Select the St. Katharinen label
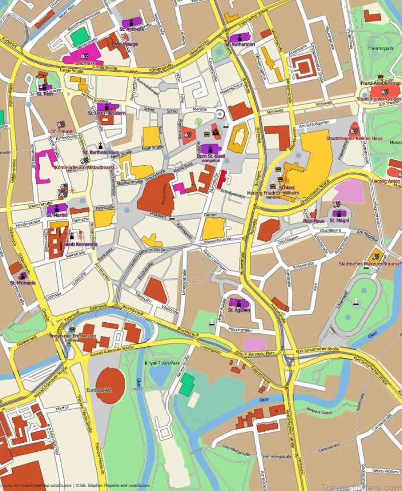(240, 44)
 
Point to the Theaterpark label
(380, 49)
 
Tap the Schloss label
(289, 187)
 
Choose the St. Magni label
(339, 220)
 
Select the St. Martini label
(56, 215)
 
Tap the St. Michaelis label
(23, 283)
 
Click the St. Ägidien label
(239, 310)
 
